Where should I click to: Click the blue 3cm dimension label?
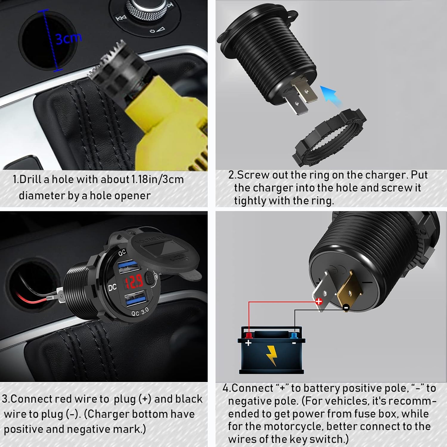pos(69,38)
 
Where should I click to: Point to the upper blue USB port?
pos(129,266)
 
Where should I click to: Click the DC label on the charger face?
pos(112,287)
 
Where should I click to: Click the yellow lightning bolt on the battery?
pos(271,355)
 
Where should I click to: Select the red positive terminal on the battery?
pos(248,336)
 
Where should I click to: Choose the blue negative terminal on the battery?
pos(294,336)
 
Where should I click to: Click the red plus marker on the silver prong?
pos(319,301)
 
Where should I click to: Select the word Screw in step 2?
pos(253,175)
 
